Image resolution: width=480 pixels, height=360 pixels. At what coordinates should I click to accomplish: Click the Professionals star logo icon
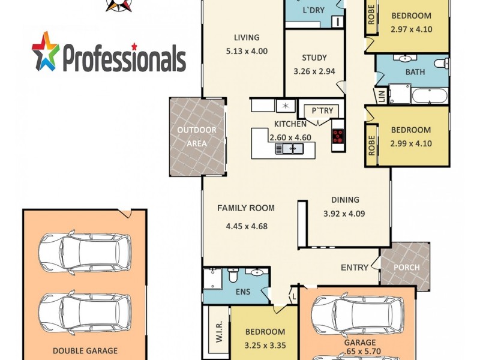46,51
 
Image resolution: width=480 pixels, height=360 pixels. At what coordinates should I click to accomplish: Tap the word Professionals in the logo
124,59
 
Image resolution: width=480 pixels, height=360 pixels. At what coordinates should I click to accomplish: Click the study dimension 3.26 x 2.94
314,71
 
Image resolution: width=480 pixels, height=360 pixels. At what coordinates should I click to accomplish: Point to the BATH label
415,72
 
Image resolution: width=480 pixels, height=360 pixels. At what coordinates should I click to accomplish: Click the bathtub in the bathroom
429,96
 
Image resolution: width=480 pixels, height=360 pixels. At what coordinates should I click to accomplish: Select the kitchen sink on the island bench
287,148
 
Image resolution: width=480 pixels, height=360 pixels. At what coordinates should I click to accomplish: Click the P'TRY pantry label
322,110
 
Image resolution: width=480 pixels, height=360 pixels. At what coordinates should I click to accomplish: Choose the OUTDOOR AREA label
196,137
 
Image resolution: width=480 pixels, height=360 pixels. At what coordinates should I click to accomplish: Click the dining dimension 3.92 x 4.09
344,213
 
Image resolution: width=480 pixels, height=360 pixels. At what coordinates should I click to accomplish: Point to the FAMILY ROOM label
245,208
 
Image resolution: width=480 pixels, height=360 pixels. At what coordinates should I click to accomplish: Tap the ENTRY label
354,267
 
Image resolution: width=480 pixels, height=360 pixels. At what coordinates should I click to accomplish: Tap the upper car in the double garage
85,252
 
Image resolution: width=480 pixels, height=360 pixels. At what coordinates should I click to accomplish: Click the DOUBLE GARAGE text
85,351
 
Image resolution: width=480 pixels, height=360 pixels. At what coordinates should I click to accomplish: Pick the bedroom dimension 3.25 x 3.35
265,345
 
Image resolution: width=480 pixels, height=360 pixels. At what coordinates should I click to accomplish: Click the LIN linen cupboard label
380,95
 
